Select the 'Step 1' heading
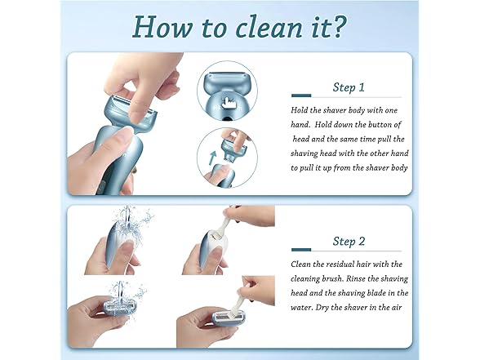349,87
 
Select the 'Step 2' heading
349,242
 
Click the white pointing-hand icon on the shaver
227,102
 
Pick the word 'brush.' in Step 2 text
333,278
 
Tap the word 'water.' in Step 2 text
301,307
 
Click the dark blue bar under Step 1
301,96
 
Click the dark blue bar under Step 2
301,250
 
